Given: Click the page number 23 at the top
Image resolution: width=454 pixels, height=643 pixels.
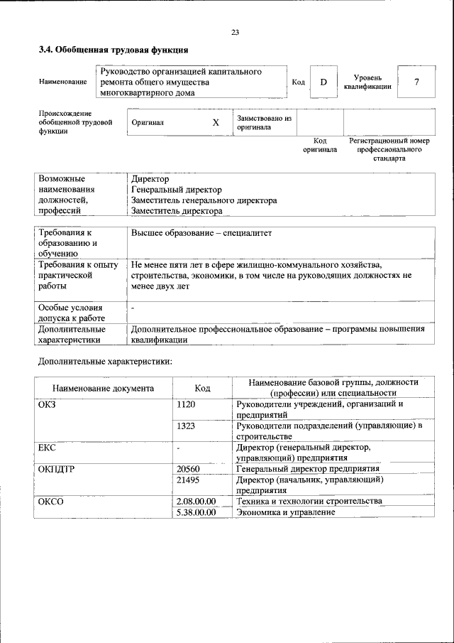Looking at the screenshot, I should tap(235, 32).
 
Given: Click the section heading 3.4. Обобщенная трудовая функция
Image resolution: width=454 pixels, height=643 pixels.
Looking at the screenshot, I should tap(113, 50).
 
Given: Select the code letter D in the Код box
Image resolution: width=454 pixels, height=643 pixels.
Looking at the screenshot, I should tap(323, 82).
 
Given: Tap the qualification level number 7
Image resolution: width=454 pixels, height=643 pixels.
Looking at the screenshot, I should tap(416, 82).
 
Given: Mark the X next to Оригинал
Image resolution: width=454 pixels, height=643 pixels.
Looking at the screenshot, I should tap(216, 122).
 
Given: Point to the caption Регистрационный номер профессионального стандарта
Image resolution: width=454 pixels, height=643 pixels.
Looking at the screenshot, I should tap(389, 150).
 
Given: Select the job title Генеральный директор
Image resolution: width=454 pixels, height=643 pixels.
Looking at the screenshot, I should tap(177, 190).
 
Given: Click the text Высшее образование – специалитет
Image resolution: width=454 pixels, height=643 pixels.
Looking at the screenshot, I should tap(201, 232).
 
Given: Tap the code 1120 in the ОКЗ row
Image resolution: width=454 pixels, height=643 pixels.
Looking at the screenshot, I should tap(186, 404).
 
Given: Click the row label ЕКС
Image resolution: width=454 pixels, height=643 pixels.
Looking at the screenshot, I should tap(48, 448).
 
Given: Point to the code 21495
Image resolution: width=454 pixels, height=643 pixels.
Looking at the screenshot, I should tap(188, 480).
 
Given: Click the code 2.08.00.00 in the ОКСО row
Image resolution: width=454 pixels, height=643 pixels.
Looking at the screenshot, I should tap(196, 501).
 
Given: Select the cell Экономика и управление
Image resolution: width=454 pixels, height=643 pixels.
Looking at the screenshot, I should tap(285, 512).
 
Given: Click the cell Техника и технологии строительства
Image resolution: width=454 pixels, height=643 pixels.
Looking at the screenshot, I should tap(309, 501).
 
